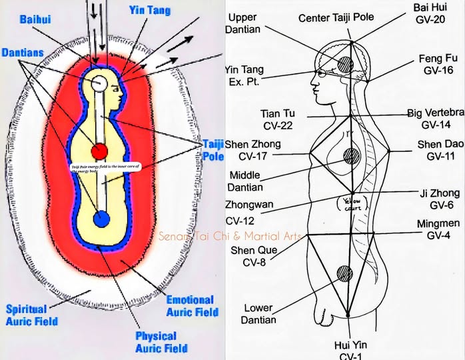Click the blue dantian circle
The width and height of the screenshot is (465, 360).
101,219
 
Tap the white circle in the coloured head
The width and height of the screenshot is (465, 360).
99,83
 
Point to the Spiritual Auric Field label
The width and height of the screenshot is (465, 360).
31,315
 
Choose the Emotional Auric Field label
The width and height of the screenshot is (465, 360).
190,306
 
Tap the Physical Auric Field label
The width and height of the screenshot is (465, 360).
156,342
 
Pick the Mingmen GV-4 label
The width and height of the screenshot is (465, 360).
437,230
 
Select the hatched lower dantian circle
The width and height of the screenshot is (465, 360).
344,273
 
